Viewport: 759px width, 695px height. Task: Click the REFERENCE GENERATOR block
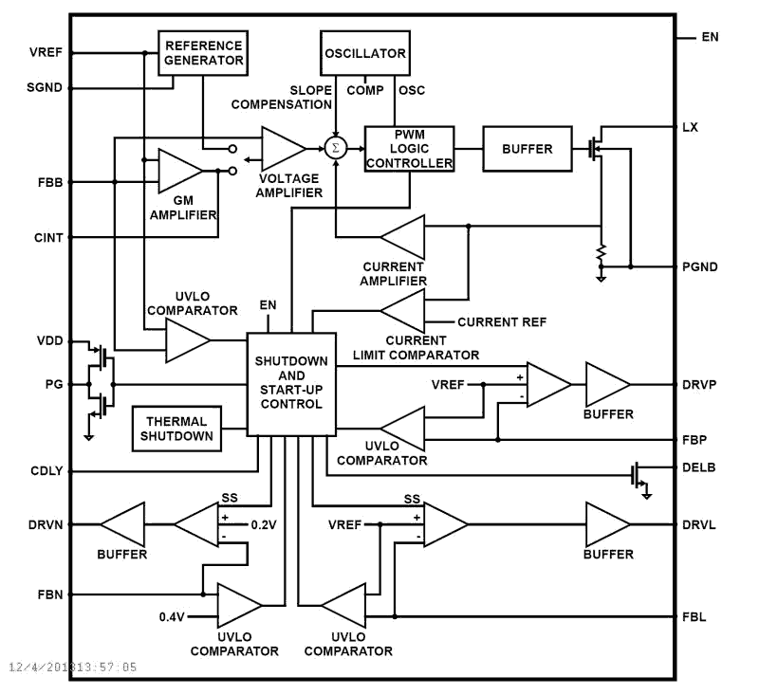point(202,52)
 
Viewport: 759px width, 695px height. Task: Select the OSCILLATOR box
point(365,53)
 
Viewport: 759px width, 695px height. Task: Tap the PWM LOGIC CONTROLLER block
point(409,149)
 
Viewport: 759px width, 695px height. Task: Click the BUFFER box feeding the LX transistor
point(528,149)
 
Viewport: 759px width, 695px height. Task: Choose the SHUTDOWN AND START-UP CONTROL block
point(291,384)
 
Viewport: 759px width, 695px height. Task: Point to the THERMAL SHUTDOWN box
point(176,429)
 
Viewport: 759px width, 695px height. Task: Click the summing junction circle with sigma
point(334,148)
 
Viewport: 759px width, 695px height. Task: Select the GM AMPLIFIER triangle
point(178,172)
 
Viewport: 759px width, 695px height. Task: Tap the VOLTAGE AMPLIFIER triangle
point(282,148)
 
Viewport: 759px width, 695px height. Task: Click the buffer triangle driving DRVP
point(606,385)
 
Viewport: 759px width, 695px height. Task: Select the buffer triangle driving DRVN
point(124,523)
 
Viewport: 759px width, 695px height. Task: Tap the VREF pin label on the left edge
point(46,52)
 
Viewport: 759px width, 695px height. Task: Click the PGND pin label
point(700,267)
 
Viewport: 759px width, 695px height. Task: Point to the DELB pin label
point(698,467)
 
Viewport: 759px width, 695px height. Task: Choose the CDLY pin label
point(46,470)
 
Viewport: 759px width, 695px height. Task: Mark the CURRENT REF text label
point(502,322)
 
